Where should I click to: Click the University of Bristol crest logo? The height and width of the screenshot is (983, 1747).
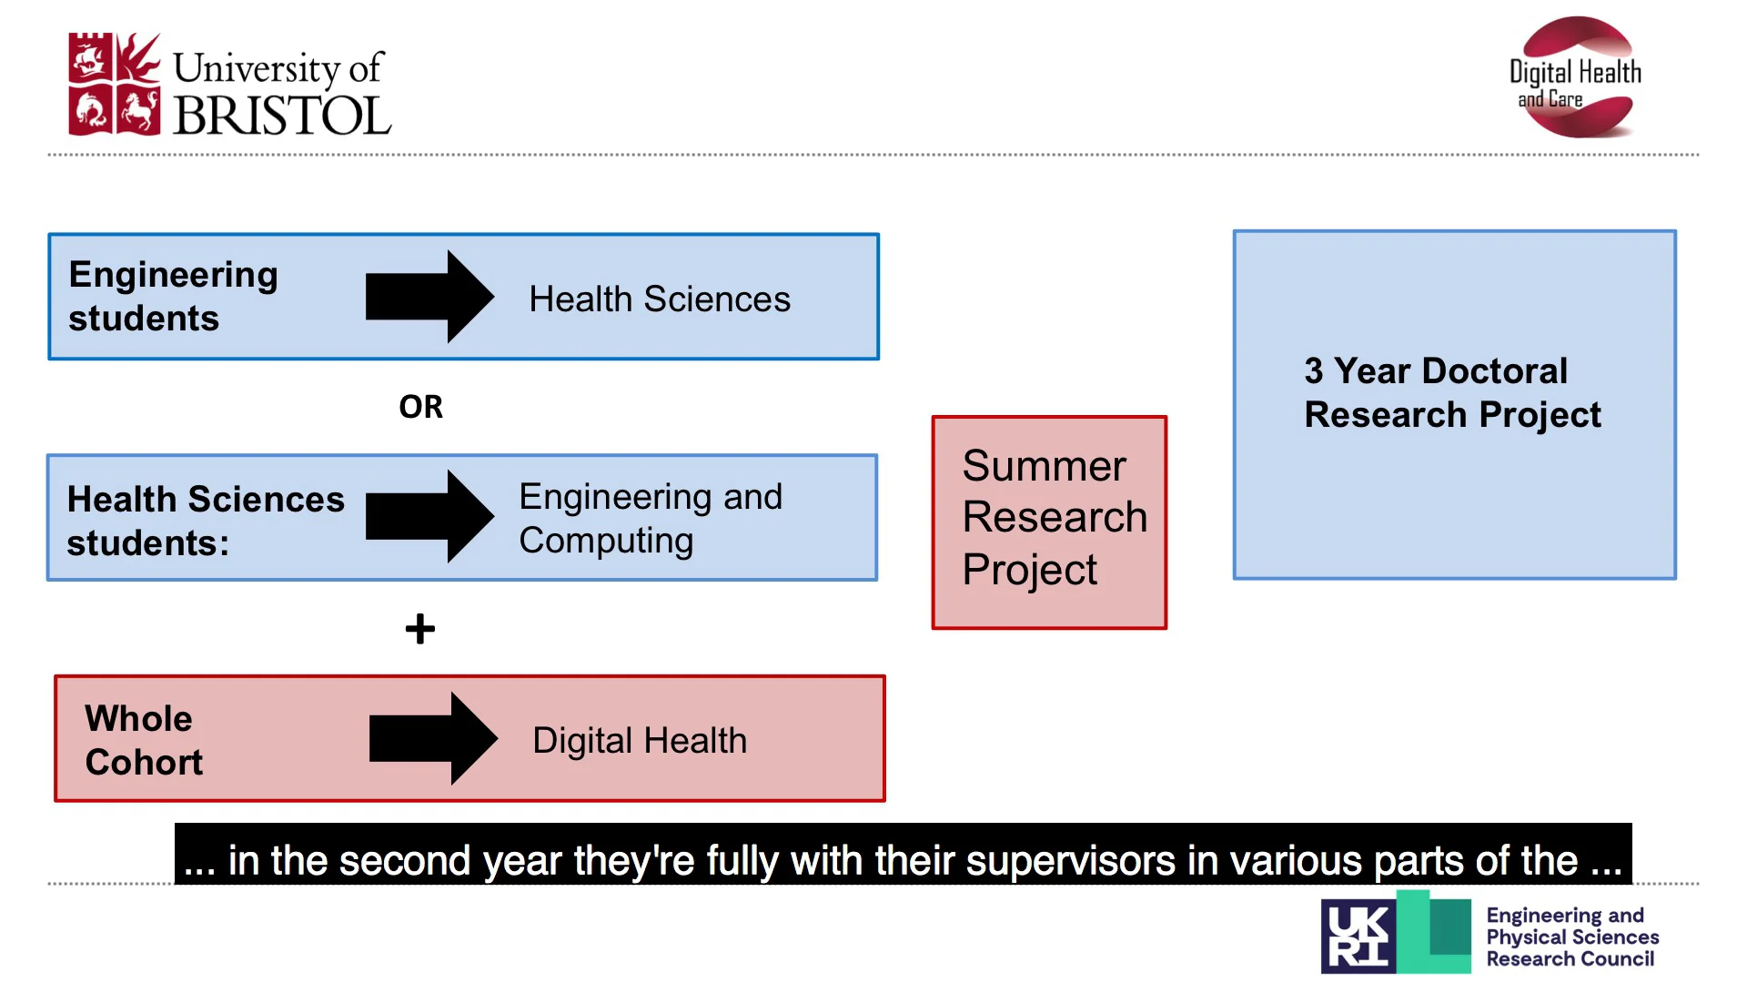click(x=114, y=85)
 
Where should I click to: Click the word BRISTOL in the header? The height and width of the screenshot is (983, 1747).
click(x=282, y=117)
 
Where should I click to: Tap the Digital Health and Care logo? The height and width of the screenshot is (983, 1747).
click(x=1576, y=78)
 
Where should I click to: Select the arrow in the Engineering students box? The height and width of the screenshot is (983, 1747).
click(x=429, y=297)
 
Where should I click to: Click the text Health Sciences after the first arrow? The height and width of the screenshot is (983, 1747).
click(x=660, y=299)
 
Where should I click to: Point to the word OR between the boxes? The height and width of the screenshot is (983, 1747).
click(x=420, y=407)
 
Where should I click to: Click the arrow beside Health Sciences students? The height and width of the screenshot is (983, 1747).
click(x=429, y=516)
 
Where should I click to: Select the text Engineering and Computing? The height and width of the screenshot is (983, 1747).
click(x=650, y=518)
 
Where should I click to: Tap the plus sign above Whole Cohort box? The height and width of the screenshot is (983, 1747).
click(x=420, y=629)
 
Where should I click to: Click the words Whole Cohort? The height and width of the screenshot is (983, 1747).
click(x=143, y=740)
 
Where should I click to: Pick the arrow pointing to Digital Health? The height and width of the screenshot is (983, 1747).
click(x=433, y=738)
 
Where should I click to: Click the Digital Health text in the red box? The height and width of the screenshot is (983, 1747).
click(x=640, y=741)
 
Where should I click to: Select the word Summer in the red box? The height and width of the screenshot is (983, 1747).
click(x=1044, y=466)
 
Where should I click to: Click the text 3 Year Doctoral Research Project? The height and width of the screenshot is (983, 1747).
click(x=1451, y=392)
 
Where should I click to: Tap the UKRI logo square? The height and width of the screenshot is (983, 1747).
click(x=1358, y=937)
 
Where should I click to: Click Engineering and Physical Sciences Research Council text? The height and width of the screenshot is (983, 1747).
click(x=1571, y=937)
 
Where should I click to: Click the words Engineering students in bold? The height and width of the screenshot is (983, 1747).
click(x=173, y=297)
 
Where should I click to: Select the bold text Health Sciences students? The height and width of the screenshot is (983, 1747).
click(x=205, y=521)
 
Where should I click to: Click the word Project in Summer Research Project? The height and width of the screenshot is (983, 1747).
click(x=1029, y=570)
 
